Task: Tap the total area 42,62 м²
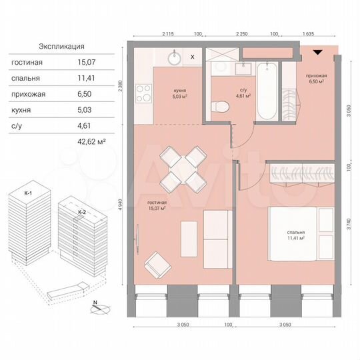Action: [93, 141]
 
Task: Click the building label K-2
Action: [81, 211]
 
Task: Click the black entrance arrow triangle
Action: [318, 52]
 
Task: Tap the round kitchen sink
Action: [175, 57]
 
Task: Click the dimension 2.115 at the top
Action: [168, 33]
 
